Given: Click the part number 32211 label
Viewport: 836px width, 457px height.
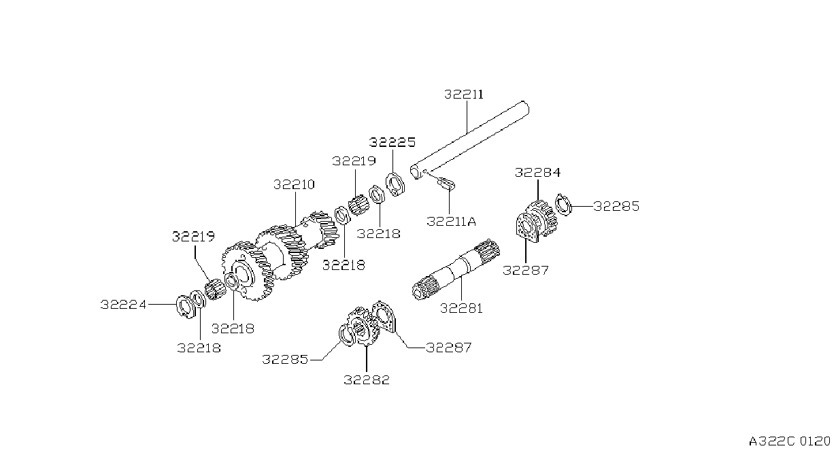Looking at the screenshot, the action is tap(463, 94).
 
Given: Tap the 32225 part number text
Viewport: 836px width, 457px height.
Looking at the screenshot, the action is tap(392, 142).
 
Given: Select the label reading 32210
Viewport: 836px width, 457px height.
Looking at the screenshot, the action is tap(294, 184).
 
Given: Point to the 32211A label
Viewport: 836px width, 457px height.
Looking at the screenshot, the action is tap(451, 221).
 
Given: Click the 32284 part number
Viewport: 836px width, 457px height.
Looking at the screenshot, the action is tap(537, 172).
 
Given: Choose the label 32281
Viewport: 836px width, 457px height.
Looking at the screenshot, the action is tap(461, 308).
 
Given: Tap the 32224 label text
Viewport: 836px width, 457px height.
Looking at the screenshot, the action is tap(124, 305).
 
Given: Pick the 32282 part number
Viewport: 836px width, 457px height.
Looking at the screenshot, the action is tap(367, 379).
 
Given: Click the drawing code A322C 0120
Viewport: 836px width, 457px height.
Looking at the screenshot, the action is tap(789, 441).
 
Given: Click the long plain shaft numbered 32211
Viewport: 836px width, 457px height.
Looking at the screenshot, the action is tap(469, 140).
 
